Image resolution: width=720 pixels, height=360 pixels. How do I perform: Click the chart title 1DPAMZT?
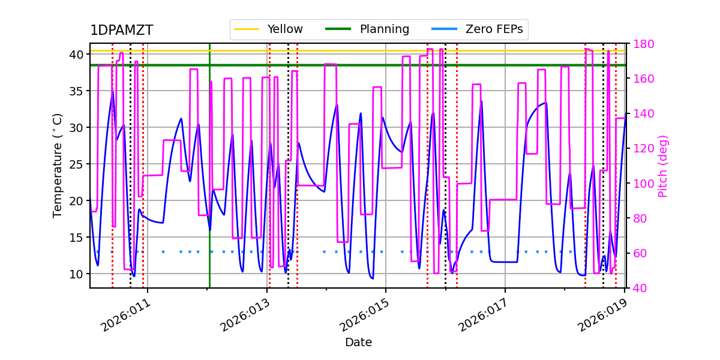click(x=121, y=31)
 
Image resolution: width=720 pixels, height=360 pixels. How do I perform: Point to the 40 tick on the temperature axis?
click(x=76, y=55)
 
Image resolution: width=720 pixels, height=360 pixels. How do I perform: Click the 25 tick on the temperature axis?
click(x=76, y=164)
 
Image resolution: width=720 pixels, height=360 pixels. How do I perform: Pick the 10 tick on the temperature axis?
click(x=76, y=274)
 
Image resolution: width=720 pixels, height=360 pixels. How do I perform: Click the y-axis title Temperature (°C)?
click(x=58, y=165)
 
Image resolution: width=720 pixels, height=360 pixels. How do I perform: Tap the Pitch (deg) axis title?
click(x=663, y=166)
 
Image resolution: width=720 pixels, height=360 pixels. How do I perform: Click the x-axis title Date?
click(x=358, y=343)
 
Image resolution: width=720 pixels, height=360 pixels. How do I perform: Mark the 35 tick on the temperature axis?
click(x=76, y=91)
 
